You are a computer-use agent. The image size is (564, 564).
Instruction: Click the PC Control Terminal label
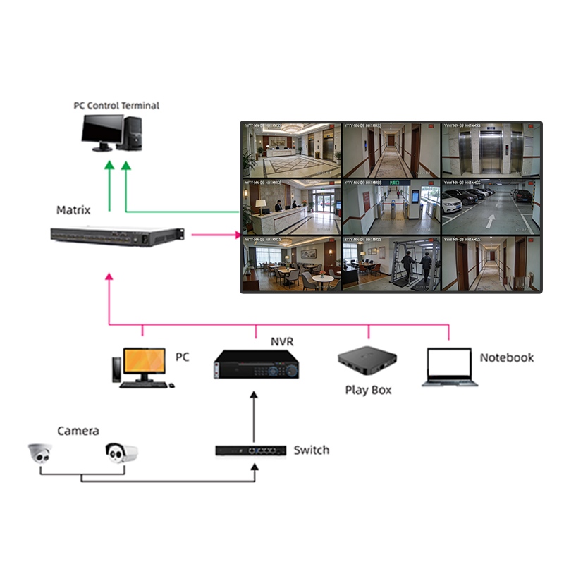(116, 106)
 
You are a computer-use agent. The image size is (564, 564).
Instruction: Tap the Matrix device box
(117, 236)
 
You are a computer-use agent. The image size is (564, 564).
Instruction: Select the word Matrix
(73, 210)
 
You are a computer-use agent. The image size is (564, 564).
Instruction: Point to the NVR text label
(281, 342)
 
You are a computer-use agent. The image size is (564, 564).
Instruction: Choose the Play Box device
(367, 362)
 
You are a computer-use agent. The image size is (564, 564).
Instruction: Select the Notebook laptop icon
(450, 367)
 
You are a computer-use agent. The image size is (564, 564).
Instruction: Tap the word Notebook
(506, 357)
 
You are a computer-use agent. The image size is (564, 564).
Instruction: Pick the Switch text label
(311, 450)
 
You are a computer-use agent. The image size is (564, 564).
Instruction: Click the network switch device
(250, 450)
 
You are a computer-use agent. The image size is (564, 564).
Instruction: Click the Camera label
(78, 431)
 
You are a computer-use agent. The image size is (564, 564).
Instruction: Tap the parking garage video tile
(491, 207)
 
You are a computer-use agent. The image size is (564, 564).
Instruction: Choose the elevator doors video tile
(491, 150)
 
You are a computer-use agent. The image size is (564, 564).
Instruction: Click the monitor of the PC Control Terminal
(102, 130)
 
